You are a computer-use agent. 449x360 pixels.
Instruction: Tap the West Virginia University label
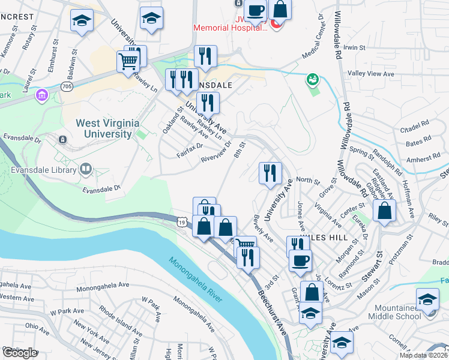click(x=107, y=128)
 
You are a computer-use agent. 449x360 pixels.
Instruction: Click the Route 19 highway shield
click(x=181, y=222)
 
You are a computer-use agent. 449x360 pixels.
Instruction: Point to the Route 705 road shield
click(x=67, y=86)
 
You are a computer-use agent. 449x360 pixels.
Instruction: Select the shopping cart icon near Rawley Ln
click(x=128, y=61)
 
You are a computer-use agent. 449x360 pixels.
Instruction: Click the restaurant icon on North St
click(x=270, y=173)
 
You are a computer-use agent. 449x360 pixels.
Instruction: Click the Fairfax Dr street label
click(x=191, y=147)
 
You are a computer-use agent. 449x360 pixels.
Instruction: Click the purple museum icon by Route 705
click(x=41, y=95)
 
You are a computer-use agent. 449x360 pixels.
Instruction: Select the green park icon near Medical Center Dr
click(x=312, y=79)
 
